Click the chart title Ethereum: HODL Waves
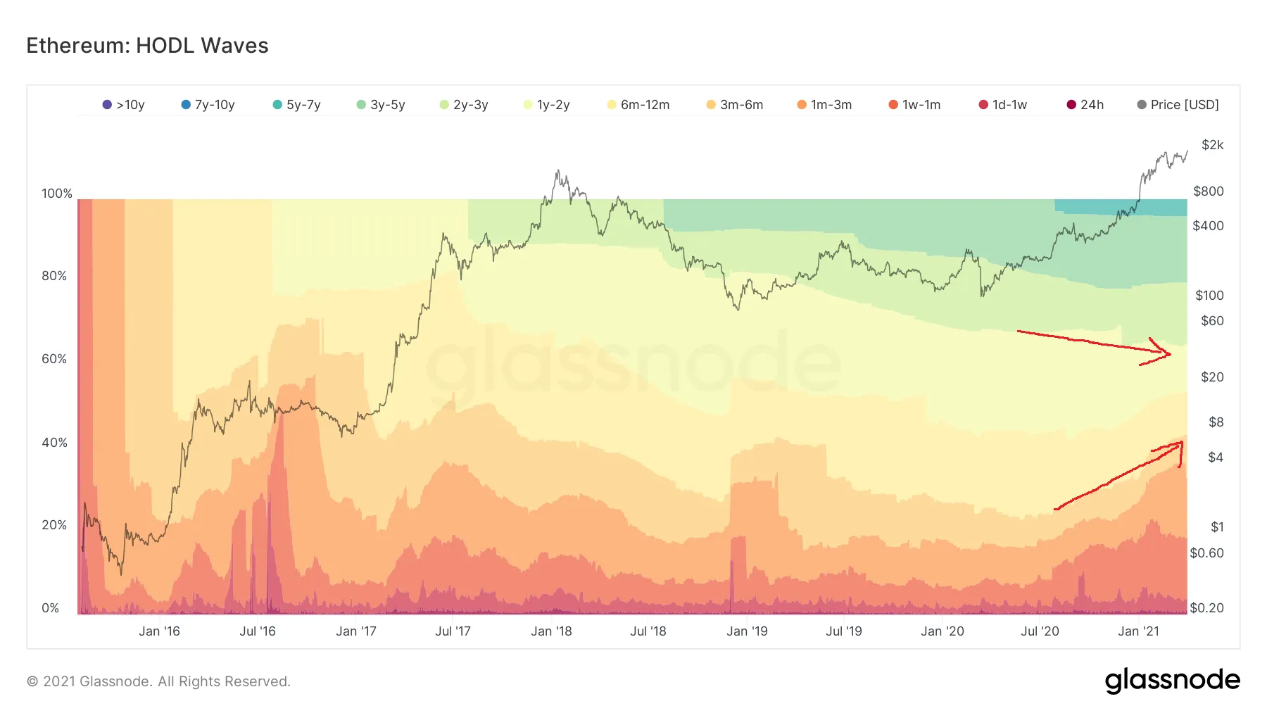pyautogui.click(x=147, y=46)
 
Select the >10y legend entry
pyautogui.click(x=124, y=105)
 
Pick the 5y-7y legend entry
pyautogui.click(x=297, y=105)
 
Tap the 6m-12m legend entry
pyautogui.click(x=638, y=105)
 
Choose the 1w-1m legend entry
pyautogui.click(x=914, y=105)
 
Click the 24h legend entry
pyautogui.click(x=1085, y=105)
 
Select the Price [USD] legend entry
pyautogui.click(x=1178, y=105)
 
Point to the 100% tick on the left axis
pyautogui.click(x=57, y=194)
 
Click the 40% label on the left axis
pyautogui.click(x=54, y=442)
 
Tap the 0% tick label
pyautogui.click(x=51, y=608)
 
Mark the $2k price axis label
pyautogui.click(x=1212, y=145)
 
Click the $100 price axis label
pyautogui.click(x=1209, y=296)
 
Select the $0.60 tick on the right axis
pyautogui.click(x=1206, y=553)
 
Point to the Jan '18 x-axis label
pyautogui.click(x=551, y=631)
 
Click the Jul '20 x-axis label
pyautogui.click(x=1040, y=631)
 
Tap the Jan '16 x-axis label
pyautogui.click(x=159, y=631)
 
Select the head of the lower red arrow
pyautogui.click(x=1180, y=445)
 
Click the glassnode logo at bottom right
pyautogui.click(x=1172, y=681)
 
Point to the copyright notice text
pyautogui.click(x=158, y=681)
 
